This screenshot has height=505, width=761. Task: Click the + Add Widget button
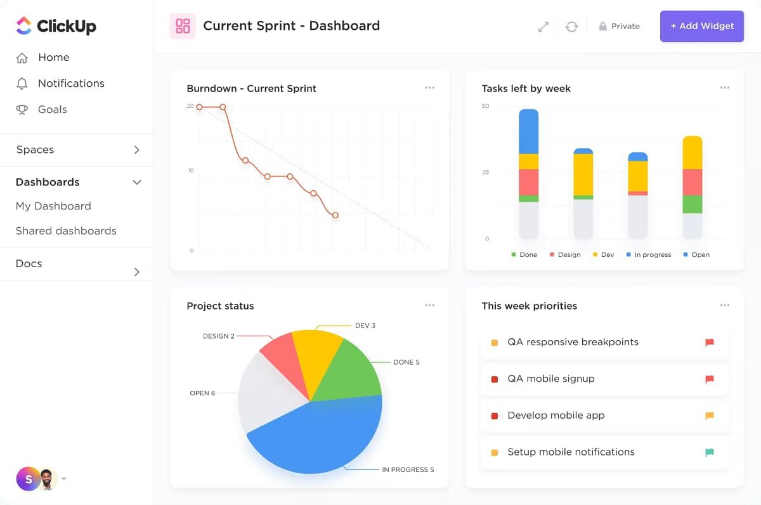(x=701, y=26)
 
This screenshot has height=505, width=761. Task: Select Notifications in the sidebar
(x=70, y=83)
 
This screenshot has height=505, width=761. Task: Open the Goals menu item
(x=52, y=109)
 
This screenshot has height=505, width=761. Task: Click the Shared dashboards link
(x=66, y=231)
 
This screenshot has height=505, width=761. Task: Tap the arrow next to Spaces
(x=136, y=150)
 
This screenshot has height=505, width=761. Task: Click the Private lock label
(x=619, y=26)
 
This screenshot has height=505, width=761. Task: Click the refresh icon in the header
(x=571, y=27)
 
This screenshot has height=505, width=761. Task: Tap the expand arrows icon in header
(x=543, y=27)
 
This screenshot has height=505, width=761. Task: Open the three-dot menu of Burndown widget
(x=430, y=88)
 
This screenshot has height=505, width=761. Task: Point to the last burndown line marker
(x=335, y=215)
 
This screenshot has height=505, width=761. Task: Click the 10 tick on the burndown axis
(x=190, y=170)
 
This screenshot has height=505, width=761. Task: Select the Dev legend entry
(x=602, y=254)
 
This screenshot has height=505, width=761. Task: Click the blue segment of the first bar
(x=528, y=131)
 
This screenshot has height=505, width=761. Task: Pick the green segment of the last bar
(x=692, y=204)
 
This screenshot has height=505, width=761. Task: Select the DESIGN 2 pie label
(x=218, y=336)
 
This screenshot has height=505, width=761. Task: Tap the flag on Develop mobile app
(x=710, y=416)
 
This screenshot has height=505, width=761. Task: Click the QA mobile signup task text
(x=550, y=379)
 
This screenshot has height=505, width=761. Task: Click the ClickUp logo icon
(x=23, y=25)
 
